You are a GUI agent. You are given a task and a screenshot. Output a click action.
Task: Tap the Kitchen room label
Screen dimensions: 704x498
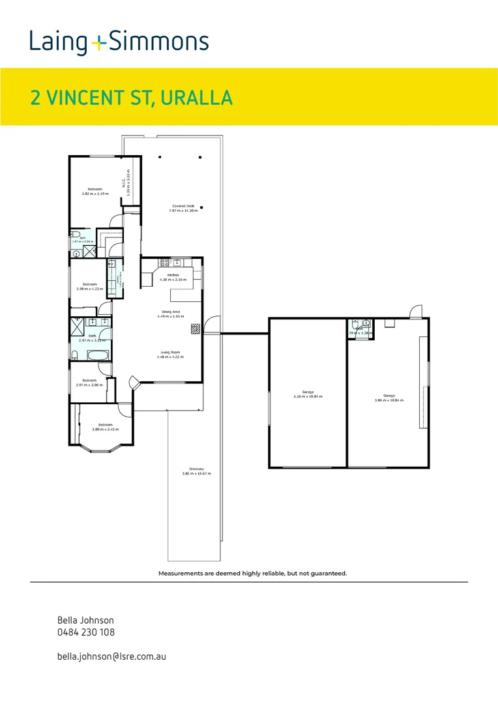[173, 275]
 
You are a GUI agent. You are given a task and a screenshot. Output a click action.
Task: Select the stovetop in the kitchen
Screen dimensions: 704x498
[165, 263]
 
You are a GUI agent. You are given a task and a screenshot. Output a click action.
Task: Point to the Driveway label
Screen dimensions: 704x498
[196, 469]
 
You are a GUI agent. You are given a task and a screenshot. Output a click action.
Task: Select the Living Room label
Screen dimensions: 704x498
[170, 352]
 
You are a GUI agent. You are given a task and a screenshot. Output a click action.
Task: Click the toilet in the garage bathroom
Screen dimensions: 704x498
[354, 323]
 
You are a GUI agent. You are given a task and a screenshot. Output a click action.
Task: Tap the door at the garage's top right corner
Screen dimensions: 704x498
[414, 312]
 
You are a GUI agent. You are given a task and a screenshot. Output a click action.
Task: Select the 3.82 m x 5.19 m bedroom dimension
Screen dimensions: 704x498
[95, 194]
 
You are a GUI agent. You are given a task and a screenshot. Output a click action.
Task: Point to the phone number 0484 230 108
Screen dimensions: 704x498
[86, 632]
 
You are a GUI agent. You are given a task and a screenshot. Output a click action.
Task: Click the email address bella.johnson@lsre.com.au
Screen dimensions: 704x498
[111, 656]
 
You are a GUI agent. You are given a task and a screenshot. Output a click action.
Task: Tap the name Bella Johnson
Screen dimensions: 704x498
[85, 621]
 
